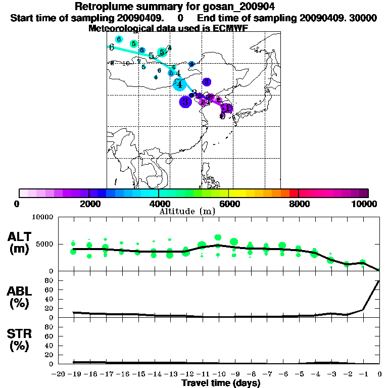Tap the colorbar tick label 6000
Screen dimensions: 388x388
pos(229,204)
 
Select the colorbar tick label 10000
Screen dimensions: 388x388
pos(364,204)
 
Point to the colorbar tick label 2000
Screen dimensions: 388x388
pos(89,204)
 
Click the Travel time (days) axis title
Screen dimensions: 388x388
pos(221,383)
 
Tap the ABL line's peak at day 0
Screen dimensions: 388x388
pos(379,280)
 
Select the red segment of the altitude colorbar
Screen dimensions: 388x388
pos(293,193)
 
